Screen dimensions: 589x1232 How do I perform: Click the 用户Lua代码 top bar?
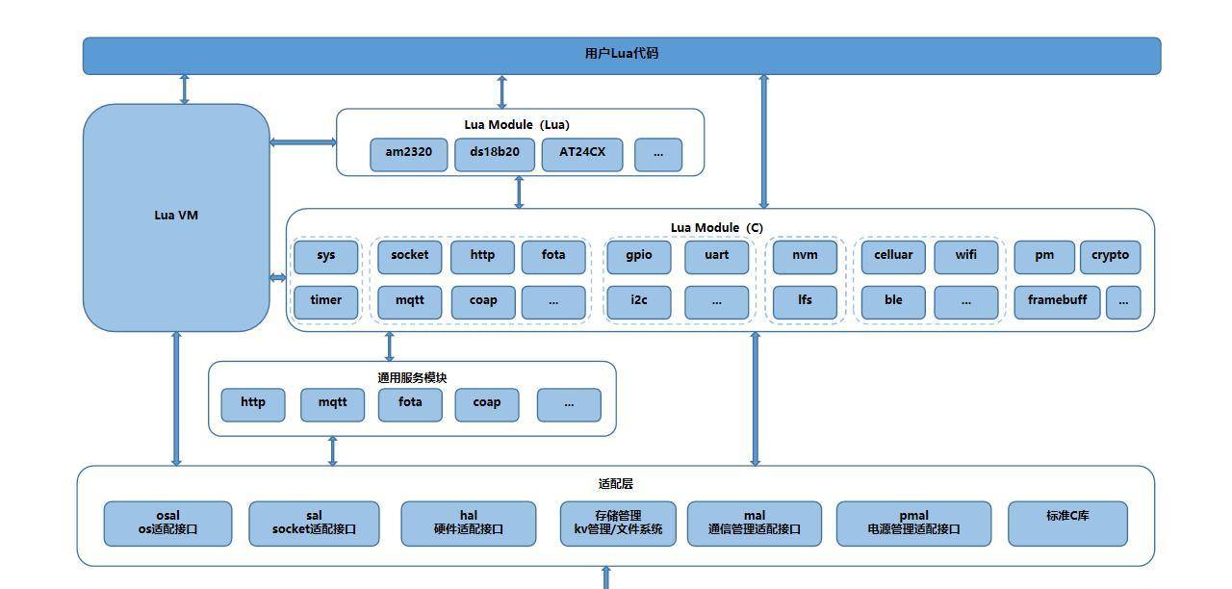click(x=621, y=55)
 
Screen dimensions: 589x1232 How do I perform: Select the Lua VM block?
click(x=176, y=217)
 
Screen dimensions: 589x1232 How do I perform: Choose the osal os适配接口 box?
click(x=167, y=523)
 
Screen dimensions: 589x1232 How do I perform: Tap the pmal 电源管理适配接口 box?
click(x=913, y=523)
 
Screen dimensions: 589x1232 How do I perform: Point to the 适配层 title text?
click(x=615, y=484)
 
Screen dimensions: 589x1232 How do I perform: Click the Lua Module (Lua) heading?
click(x=517, y=125)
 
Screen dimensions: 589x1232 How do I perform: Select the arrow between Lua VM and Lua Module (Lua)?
click(x=302, y=142)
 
